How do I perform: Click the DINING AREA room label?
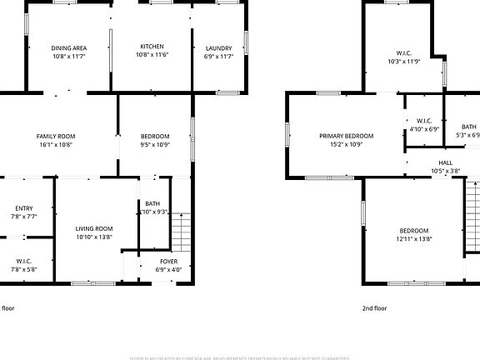tap(69, 48)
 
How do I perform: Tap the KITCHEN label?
tap(152, 47)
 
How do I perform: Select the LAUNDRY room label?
tap(218, 48)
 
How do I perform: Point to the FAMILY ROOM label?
tap(56, 136)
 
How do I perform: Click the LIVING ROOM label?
tap(94, 228)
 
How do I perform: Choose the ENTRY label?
tap(24, 208)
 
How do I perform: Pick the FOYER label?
tap(168, 262)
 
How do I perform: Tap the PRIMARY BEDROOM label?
tap(346, 136)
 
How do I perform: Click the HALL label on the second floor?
tap(446, 163)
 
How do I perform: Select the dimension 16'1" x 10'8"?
tap(56, 144)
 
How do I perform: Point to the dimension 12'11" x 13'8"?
tap(413, 239)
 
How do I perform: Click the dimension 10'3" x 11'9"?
tap(405, 62)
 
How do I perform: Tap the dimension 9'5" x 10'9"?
tap(155, 144)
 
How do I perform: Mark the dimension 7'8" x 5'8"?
tap(24, 269)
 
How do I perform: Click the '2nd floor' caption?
tap(374, 307)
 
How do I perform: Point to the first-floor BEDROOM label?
tap(155, 136)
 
